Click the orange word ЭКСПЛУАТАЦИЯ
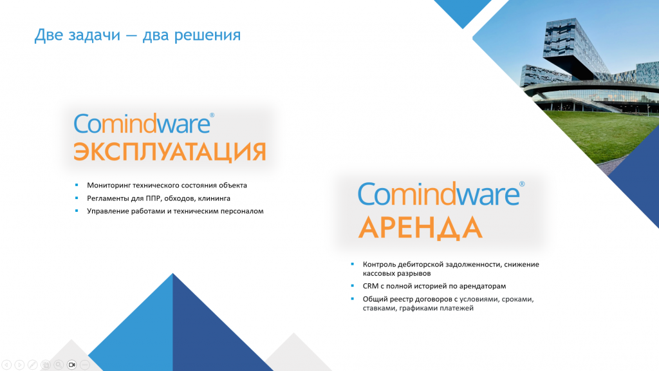(170, 152)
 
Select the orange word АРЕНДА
(420, 227)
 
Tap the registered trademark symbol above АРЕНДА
(522, 184)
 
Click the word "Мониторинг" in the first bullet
(109, 185)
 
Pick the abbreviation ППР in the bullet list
(153, 198)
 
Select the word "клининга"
(214, 198)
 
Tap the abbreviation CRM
(371, 286)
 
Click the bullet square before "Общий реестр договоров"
(352, 299)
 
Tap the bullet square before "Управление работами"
(77, 211)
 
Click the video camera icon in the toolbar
(72, 365)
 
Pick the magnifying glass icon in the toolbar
(59, 365)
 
